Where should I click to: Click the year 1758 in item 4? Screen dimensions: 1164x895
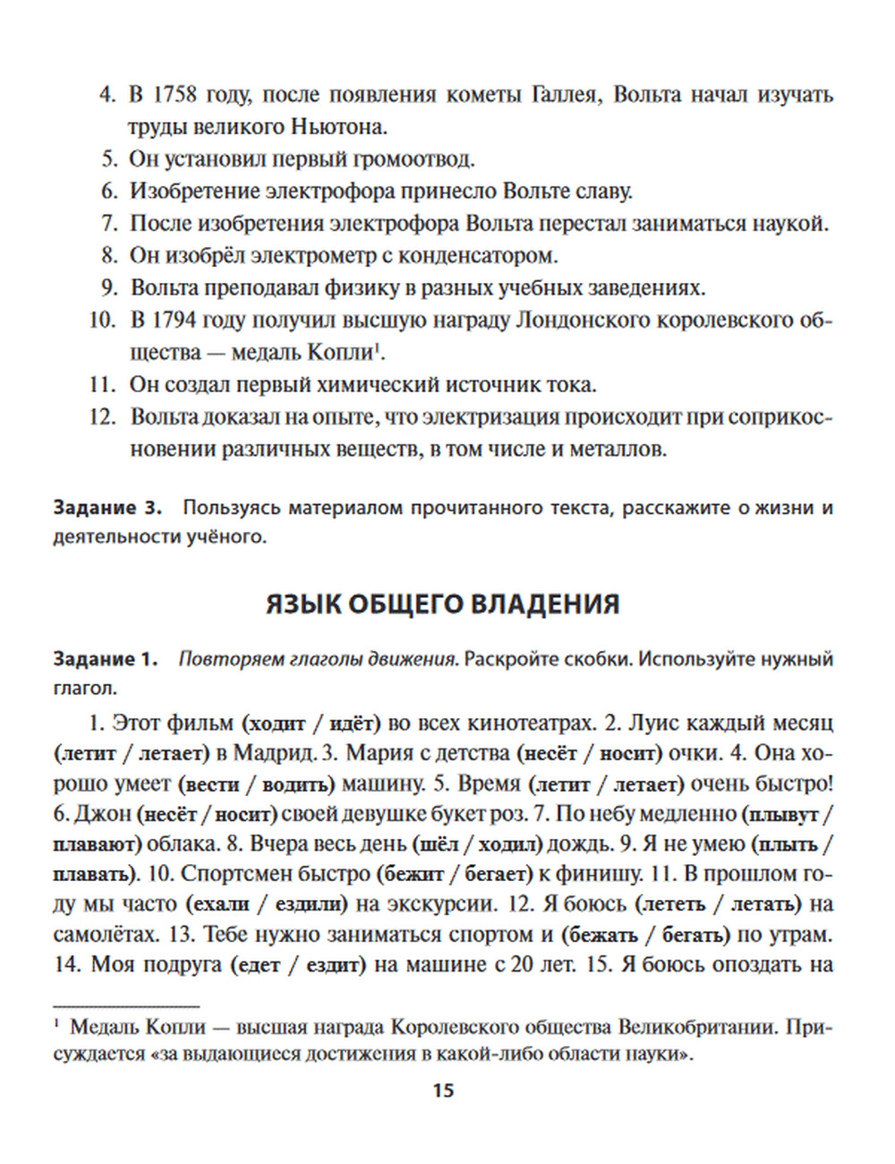pos(175,95)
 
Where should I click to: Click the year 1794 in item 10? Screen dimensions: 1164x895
pos(175,321)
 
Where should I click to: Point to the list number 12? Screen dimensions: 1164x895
pos(103,417)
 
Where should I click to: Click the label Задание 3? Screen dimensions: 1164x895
pos(107,509)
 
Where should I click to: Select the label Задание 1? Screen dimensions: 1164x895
pos(105,660)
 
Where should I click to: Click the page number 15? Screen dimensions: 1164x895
pos(443,1091)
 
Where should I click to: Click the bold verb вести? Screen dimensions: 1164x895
pos(209,784)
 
